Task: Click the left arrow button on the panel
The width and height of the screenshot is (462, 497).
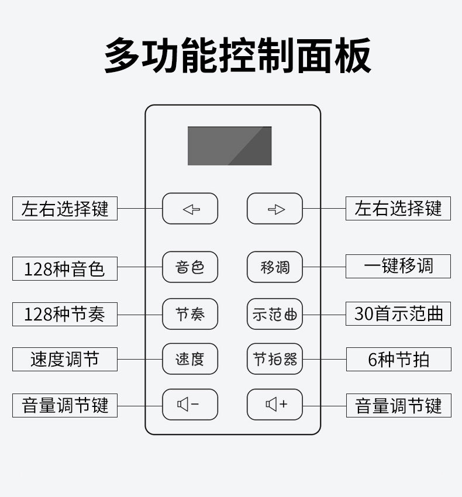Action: click(x=190, y=209)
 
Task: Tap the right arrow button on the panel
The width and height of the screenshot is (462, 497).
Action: click(x=275, y=209)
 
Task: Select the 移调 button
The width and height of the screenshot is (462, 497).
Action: click(x=275, y=267)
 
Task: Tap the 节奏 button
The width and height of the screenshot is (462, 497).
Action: click(x=190, y=314)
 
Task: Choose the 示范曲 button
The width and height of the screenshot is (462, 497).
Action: click(x=275, y=314)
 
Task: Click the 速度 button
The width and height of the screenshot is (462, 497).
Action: click(x=190, y=359)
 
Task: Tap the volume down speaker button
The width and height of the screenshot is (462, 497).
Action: click(x=190, y=405)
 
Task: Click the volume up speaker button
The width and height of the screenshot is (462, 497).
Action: click(x=275, y=405)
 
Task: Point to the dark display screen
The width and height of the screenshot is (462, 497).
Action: click(x=229, y=146)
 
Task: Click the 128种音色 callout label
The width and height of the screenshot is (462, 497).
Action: click(x=64, y=268)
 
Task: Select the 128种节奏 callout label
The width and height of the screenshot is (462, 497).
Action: click(x=64, y=314)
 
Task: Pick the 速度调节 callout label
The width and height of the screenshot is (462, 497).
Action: click(x=64, y=359)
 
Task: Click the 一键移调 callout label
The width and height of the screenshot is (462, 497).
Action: click(x=398, y=266)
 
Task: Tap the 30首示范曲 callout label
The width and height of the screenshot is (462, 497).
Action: click(x=398, y=314)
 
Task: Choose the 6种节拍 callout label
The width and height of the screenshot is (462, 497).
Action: click(x=398, y=359)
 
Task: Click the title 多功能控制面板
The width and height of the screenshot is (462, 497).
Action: click(x=237, y=56)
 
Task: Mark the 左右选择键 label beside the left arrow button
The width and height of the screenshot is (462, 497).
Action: click(x=64, y=209)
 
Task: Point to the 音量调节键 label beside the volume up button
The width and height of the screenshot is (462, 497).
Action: click(x=398, y=405)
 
